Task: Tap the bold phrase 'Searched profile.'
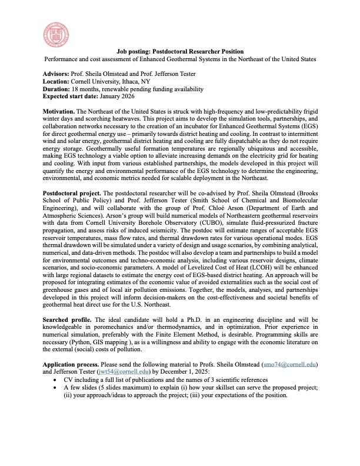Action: [66, 323]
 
